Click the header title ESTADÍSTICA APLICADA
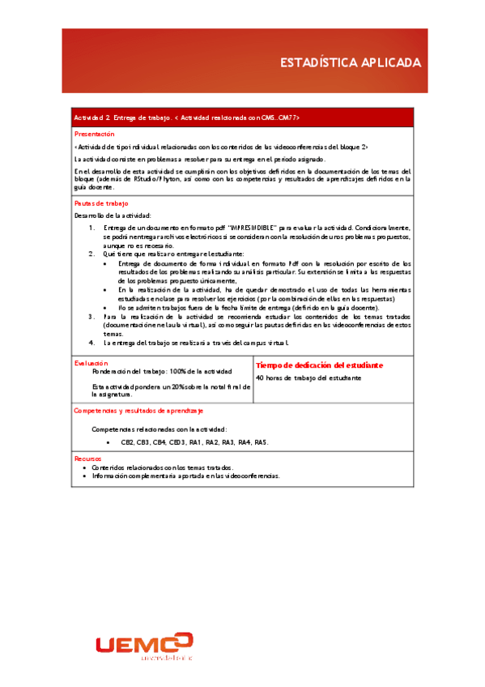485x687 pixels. [x=350, y=62]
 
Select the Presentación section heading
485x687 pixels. [x=95, y=133]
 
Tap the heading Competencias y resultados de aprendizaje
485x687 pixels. [x=138, y=412]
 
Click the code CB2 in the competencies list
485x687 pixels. [x=127, y=442]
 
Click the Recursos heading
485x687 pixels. [x=86, y=459]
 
